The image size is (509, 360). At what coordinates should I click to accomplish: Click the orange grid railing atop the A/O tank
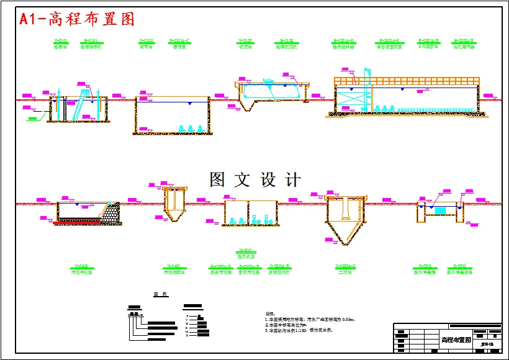click(x=407, y=81)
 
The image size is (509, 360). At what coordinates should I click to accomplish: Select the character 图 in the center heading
click(x=217, y=180)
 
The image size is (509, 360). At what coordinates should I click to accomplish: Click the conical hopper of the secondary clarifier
click(x=343, y=234)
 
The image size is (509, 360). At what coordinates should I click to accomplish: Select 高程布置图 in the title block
click(x=456, y=340)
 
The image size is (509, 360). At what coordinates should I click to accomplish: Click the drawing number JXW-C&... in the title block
click(x=489, y=340)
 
